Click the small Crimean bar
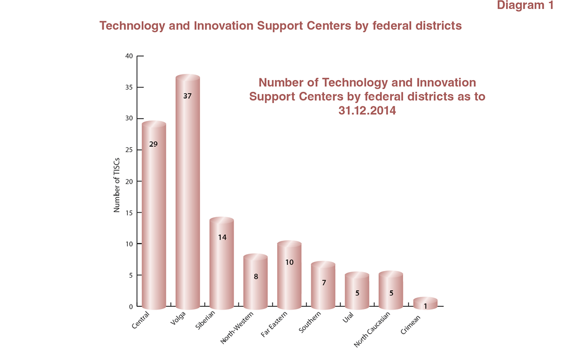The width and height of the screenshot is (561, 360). pyautogui.click(x=426, y=304)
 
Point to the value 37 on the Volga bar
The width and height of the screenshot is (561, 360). pyautogui.click(x=188, y=96)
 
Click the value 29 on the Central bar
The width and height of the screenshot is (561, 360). pyautogui.click(x=153, y=144)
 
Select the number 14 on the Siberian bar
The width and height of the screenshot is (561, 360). pyautogui.click(x=222, y=237)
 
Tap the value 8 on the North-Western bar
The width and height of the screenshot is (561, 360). pyautogui.click(x=256, y=276)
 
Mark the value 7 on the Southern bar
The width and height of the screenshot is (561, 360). pyautogui.click(x=324, y=283)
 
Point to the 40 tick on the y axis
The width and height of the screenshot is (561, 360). pyautogui.click(x=129, y=56)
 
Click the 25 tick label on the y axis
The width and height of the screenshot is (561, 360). pyautogui.click(x=129, y=150)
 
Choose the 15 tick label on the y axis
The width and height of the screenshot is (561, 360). pyautogui.click(x=129, y=213)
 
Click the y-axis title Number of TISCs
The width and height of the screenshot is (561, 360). pyautogui.click(x=118, y=182)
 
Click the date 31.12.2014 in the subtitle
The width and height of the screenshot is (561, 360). pyautogui.click(x=367, y=111)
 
